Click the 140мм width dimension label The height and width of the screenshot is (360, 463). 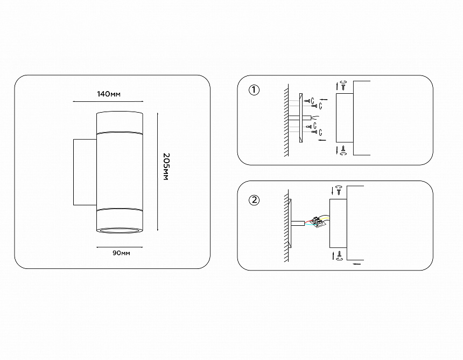[109, 94]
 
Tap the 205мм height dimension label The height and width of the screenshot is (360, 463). [166, 167]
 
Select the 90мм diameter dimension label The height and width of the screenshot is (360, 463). [121, 253]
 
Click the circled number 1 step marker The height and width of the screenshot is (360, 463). [254, 90]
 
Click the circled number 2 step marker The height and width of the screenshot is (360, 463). [254, 200]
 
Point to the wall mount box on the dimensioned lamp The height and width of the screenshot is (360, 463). [85, 172]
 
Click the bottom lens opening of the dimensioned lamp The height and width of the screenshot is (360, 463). [120, 230]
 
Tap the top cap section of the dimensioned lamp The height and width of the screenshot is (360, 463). [120, 122]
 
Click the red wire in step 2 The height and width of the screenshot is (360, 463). [309, 220]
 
